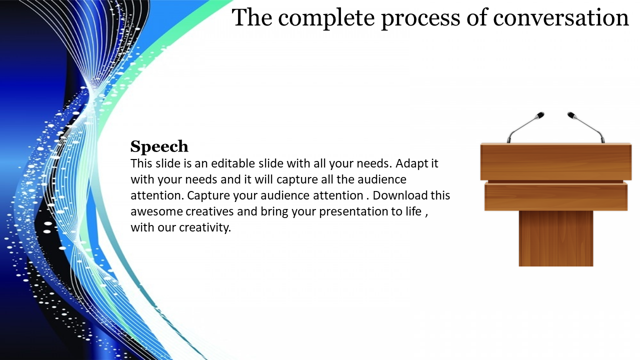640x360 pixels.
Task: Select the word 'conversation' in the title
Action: click(x=560, y=18)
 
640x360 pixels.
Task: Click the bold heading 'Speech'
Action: click(x=159, y=146)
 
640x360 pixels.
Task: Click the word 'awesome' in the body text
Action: click(x=156, y=211)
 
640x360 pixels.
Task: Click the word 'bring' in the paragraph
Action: click(x=273, y=211)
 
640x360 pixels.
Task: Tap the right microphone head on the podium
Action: click(x=572, y=115)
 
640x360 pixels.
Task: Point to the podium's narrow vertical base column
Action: click(x=555, y=238)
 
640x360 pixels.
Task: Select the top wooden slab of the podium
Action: click(x=555, y=161)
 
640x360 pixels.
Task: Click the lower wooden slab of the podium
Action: click(x=555, y=196)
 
